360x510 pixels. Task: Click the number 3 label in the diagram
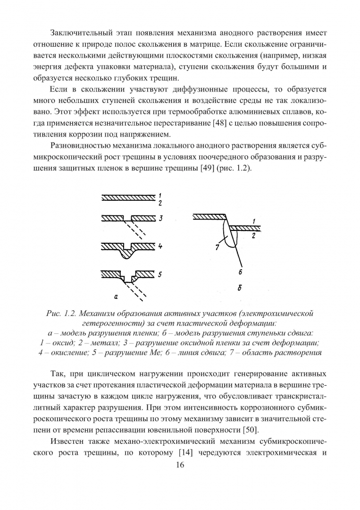point(160,218)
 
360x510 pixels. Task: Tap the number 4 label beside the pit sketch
point(160,246)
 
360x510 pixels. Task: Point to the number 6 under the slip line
point(240,272)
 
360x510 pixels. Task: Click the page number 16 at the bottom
point(179,465)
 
